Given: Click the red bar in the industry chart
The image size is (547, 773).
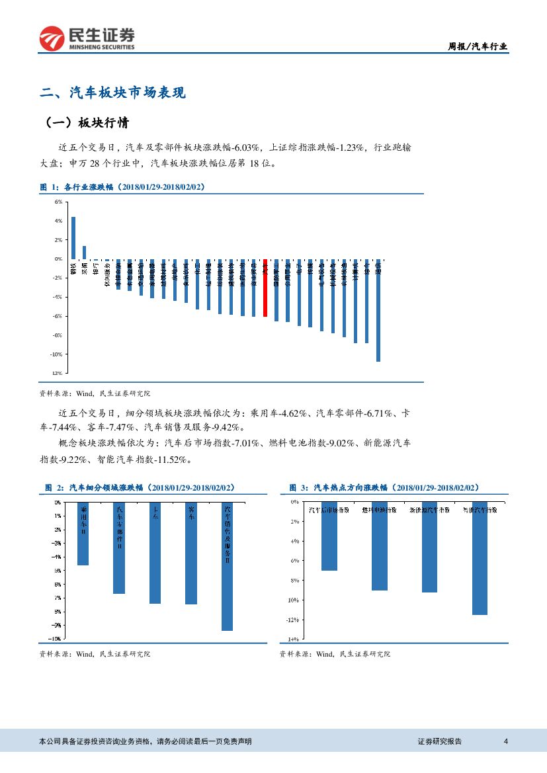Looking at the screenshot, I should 265,288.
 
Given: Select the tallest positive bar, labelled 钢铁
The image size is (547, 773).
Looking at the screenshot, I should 73,237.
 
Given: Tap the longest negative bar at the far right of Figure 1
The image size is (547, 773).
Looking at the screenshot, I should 378,310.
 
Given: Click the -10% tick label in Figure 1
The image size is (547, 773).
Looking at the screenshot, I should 56,354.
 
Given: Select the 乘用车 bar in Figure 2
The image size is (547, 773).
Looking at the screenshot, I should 83,534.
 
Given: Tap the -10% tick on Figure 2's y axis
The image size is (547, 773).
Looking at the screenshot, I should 56,639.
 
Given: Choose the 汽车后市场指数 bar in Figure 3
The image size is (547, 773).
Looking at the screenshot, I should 329,536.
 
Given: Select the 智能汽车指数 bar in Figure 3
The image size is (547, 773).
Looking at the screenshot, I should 480,558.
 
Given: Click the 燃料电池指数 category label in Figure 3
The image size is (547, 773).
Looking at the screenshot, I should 380,510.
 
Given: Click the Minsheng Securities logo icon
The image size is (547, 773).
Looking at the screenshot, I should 50,39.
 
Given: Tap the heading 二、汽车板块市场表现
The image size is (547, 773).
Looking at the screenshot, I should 113,93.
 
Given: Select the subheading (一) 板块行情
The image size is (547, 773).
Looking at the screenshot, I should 87,124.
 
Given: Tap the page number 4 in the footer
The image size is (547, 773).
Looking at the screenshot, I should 505,741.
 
